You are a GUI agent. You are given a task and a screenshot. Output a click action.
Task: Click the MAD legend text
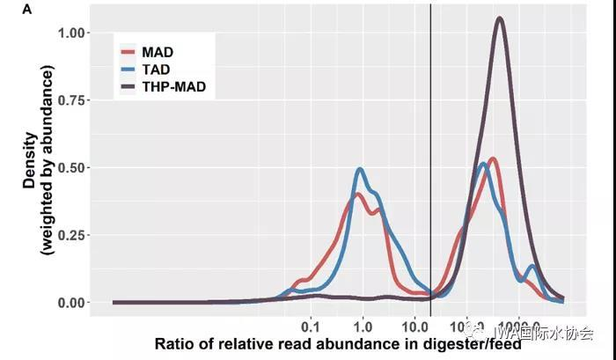pyautogui.click(x=157, y=53)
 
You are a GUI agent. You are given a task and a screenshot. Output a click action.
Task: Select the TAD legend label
pyautogui.click(x=156, y=70)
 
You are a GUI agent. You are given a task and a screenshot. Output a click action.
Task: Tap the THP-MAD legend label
pyautogui.click(x=173, y=87)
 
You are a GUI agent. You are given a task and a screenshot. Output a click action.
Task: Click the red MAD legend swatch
pyautogui.click(x=127, y=53)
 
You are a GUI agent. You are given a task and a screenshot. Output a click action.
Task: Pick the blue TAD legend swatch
pyautogui.click(x=127, y=70)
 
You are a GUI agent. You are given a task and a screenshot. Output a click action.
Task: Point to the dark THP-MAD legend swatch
pyautogui.click(x=127, y=87)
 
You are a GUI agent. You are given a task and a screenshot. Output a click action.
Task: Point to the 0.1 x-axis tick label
pyautogui.click(x=310, y=323)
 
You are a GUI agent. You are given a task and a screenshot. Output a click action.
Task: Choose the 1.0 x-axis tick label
pyautogui.click(x=363, y=323)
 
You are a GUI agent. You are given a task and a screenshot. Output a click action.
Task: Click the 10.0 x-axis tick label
pyautogui.click(x=412, y=323)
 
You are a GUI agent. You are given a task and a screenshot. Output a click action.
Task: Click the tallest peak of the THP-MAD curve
pyautogui.click(x=500, y=18)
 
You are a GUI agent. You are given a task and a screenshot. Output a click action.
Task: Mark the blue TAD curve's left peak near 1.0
pyautogui.click(x=360, y=169)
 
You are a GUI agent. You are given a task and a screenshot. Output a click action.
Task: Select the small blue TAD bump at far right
pyautogui.click(x=532, y=266)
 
